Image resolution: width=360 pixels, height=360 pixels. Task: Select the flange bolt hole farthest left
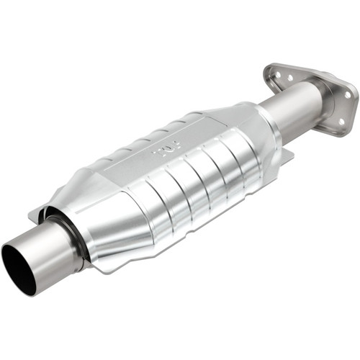(272, 69)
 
